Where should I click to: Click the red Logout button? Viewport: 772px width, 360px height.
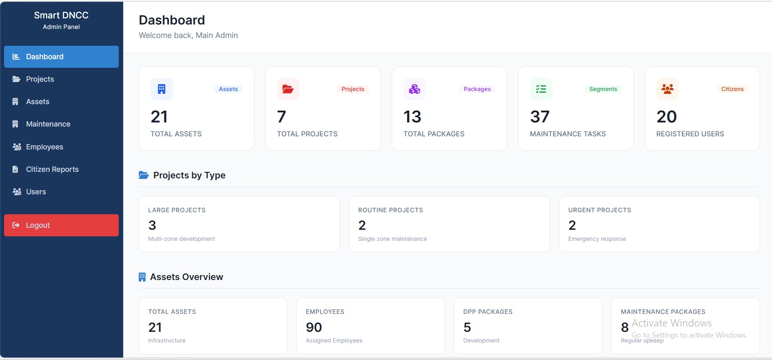point(61,225)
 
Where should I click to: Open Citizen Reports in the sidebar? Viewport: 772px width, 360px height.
point(52,169)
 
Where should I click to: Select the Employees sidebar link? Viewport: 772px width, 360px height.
point(44,147)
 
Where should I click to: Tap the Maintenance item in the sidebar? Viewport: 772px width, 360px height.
point(48,124)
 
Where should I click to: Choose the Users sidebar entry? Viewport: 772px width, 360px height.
point(36,192)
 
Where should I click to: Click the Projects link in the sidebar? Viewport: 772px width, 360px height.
point(40,79)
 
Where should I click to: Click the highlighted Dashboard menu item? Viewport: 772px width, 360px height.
point(61,57)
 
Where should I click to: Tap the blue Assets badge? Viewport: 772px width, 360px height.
point(228,89)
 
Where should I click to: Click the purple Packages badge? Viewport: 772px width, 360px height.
point(477,89)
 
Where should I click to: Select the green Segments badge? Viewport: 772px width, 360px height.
point(603,89)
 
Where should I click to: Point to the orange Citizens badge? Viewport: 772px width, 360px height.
point(732,89)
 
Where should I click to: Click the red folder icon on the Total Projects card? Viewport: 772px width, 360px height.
point(288,89)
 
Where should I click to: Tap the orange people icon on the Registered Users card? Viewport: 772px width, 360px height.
point(668,89)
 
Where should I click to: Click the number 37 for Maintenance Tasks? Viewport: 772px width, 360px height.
point(540,117)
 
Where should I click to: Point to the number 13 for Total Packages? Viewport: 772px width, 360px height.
point(412,117)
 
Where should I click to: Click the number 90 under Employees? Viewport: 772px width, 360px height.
point(314,327)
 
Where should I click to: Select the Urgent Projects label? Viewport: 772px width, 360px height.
point(599,210)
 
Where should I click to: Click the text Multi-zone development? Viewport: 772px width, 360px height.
point(182,239)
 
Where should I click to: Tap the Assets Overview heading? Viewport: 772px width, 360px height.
point(186,277)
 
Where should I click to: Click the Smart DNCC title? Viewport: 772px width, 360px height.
point(61,16)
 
